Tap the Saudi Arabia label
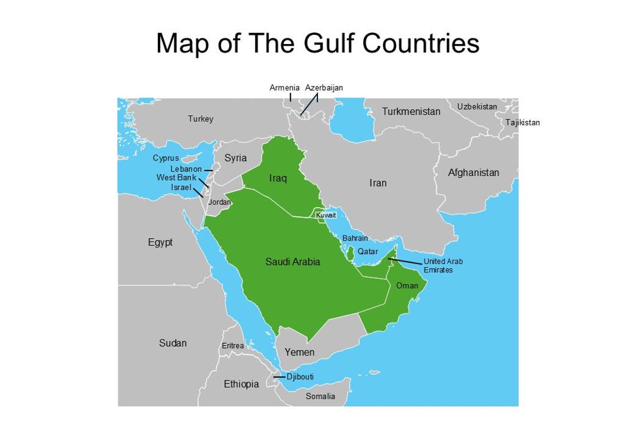pyautogui.click(x=293, y=262)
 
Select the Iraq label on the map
pyautogui.click(x=278, y=178)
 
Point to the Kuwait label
pyautogui.click(x=326, y=215)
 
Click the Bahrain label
pyautogui.click(x=355, y=238)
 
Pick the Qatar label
pyautogui.click(x=367, y=251)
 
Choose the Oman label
pyautogui.click(x=407, y=286)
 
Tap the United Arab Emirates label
pyautogui.click(x=439, y=265)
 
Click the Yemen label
pyautogui.click(x=299, y=352)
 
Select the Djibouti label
pyautogui.click(x=300, y=376)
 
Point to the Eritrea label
pyautogui.click(x=233, y=346)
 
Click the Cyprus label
pyautogui.click(x=165, y=158)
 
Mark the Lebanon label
pyautogui.click(x=186, y=169)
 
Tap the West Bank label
pyautogui.click(x=176, y=178)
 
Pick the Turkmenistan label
pyautogui.click(x=411, y=111)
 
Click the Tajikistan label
pyautogui.click(x=522, y=122)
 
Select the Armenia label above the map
pyautogui.click(x=284, y=88)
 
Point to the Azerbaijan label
pyautogui.click(x=324, y=88)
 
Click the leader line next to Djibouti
pyautogui.click(x=279, y=376)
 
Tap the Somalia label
pyautogui.click(x=320, y=396)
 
